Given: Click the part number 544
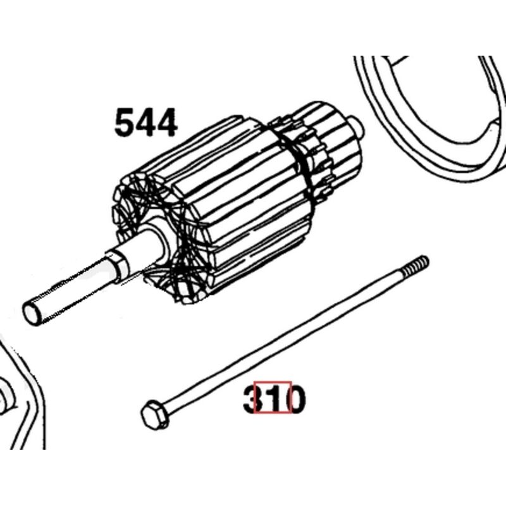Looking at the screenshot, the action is click(x=146, y=122).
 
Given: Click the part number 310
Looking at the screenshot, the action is click(x=274, y=398).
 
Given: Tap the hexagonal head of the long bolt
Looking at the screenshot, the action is click(x=155, y=416).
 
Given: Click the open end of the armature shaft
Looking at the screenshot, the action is click(x=30, y=312).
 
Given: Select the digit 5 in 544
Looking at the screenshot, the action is click(x=125, y=122).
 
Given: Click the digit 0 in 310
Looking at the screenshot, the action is click(x=296, y=398).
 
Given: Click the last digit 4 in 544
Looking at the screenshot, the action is click(x=167, y=122).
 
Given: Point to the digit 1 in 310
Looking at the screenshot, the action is click(x=274, y=398).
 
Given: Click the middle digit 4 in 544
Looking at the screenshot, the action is click(x=146, y=122).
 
